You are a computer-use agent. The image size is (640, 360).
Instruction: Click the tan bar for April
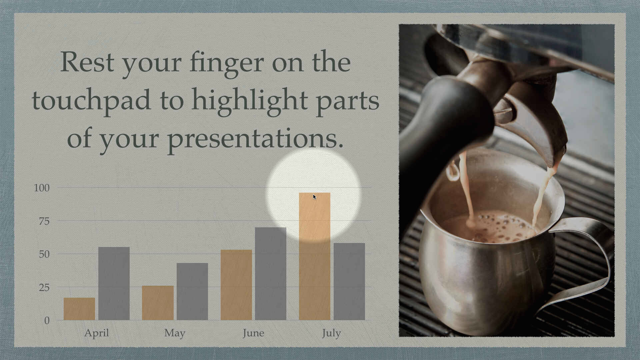click(79, 309)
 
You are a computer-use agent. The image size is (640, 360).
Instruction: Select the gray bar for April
click(114, 283)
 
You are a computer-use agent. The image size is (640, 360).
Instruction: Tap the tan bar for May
click(158, 303)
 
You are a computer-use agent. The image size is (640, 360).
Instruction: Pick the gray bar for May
click(192, 291)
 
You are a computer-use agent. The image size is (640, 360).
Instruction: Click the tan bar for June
click(236, 285)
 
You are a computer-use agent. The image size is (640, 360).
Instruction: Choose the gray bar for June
click(271, 274)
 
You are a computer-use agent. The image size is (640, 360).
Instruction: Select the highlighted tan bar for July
click(315, 256)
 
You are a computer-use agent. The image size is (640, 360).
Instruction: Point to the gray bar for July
click(349, 281)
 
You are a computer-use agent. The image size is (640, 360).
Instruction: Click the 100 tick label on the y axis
click(42, 188)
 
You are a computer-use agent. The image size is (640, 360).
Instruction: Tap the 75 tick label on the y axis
click(44, 221)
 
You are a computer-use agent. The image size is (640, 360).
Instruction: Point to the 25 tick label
click(44, 287)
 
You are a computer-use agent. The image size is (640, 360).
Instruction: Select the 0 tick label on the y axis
click(47, 320)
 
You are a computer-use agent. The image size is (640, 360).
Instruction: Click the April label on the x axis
click(97, 333)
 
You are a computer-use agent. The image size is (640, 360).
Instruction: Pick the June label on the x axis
click(253, 333)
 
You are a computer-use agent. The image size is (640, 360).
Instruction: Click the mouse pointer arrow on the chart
click(315, 197)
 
